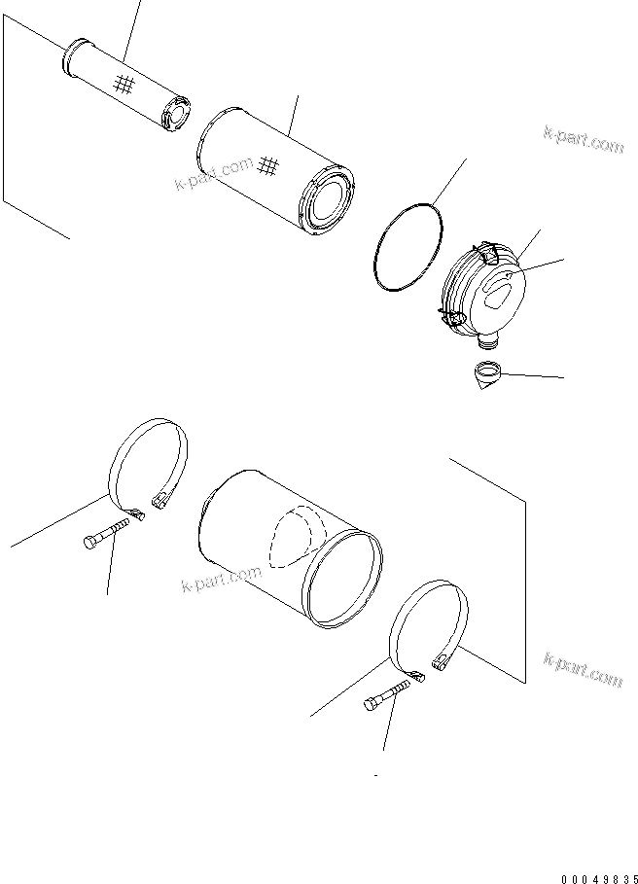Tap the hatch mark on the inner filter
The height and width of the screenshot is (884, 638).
[x=123, y=85]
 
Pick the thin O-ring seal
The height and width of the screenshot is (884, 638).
[x=408, y=247]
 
